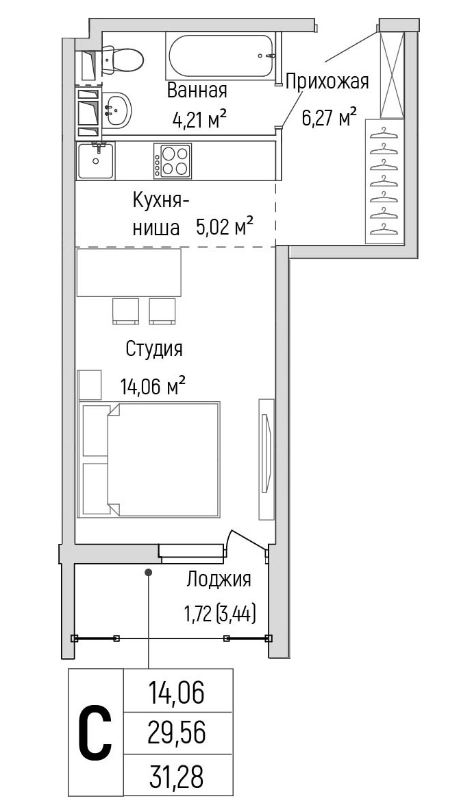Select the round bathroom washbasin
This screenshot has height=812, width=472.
[x=118, y=109]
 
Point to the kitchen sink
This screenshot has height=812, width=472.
[x=95, y=160]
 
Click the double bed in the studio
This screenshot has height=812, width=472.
[x=151, y=459]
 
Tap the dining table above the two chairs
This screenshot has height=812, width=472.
[x=129, y=272]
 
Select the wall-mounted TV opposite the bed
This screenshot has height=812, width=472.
[x=266, y=458]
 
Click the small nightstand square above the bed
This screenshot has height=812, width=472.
[x=90, y=384]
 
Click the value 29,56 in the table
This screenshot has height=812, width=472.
[x=177, y=734]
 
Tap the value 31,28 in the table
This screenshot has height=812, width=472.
[x=177, y=778]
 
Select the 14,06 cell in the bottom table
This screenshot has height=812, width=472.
[x=177, y=693]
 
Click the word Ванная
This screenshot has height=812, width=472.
[x=197, y=90]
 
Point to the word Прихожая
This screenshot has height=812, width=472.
[x=327, y=82]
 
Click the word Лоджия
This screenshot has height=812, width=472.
[x=219, y=580]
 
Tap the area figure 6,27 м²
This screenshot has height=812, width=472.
[x=330, y=116]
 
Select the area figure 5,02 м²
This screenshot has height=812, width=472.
[x=225, y=226]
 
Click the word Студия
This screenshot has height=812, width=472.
[x=154, y=349]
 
